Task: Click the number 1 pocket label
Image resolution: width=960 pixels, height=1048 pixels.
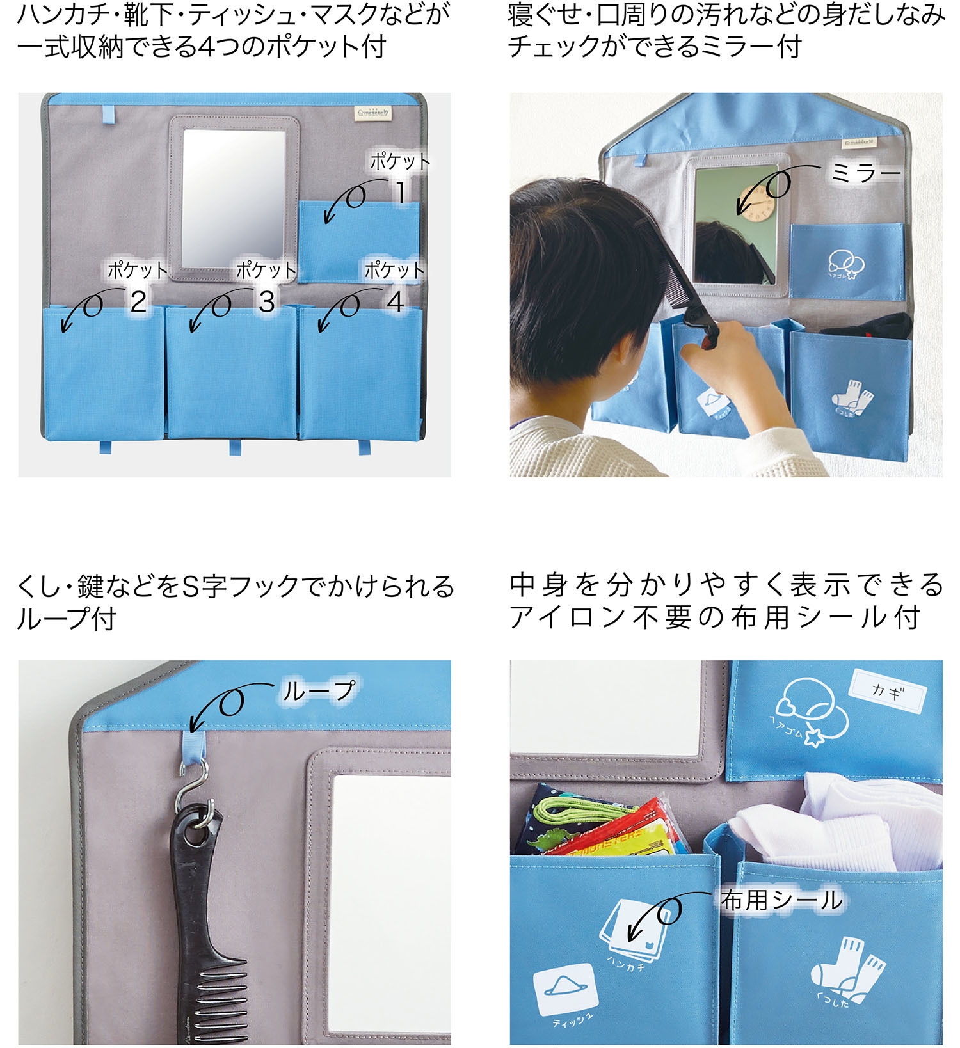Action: coord(401,192)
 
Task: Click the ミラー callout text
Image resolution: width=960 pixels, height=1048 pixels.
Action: coord(865,173)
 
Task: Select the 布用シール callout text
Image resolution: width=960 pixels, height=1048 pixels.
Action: coord(781,900)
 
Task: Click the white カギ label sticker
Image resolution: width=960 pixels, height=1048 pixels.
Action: coord(887,692)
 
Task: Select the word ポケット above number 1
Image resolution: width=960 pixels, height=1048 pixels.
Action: coord(400,161)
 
